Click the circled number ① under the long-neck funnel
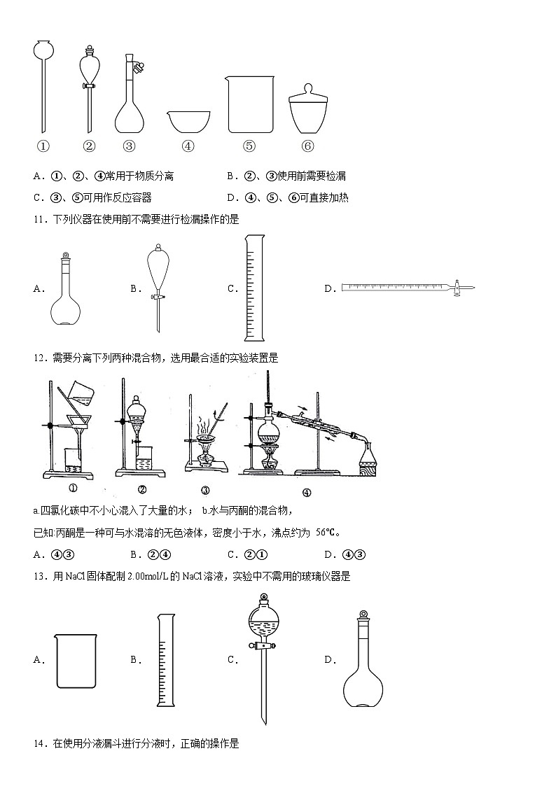pyautogui.click(x=43, y=146)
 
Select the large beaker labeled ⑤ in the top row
pyautogui.click(x=250, y=104)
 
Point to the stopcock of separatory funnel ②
pyautogui.click(x=89, y=86)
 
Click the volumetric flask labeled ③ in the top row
pyautogui.click(x=130, y=98)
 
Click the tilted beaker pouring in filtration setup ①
pyautogui.click(x=81, y=394)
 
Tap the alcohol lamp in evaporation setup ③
pyautogui.click(x=205, y=458)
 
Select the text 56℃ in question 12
pyautogui.click(x=327, y=533)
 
